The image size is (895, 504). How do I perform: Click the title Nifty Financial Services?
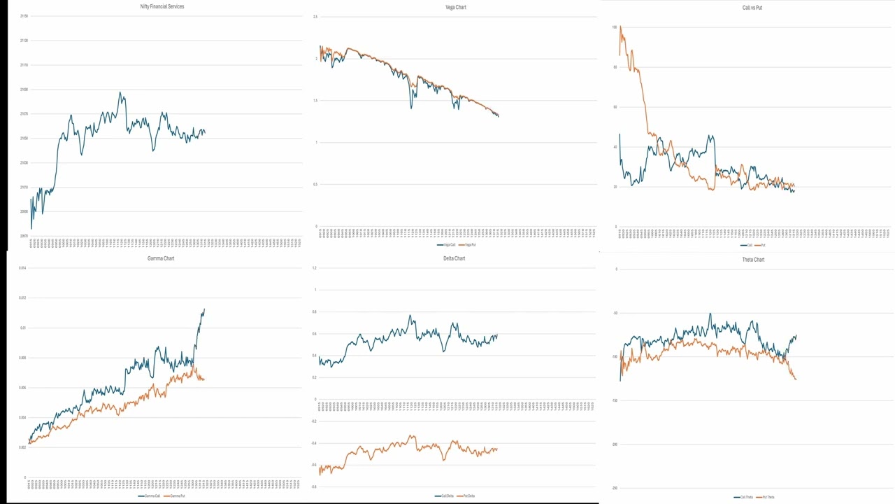tap(162, 6)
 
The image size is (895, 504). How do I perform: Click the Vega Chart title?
tap(456, 7)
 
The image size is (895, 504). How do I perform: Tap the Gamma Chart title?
tap(161, 258)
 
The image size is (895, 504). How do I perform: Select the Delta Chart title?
tap(454, 258)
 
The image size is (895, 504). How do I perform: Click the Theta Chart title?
tap(753, 260)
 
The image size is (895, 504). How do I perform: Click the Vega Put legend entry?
tap(469, 244)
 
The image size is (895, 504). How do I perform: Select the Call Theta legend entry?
tap(743, 497)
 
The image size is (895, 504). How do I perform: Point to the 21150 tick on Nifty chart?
tap(24, 16)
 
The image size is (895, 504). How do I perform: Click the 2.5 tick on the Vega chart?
tap(315, 17)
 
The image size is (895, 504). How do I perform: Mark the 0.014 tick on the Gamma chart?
tap(23, 268)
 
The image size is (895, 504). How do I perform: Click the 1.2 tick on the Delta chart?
tap(315, 268)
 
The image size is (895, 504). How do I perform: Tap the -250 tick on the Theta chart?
tap(615, 488)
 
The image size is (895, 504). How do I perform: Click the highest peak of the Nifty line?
tap(120, 92)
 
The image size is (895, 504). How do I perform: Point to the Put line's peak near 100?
tap(620, 27)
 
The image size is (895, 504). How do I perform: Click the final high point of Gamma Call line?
tap(204, 309)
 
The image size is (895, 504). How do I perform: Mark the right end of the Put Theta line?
tap(796, 379)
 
